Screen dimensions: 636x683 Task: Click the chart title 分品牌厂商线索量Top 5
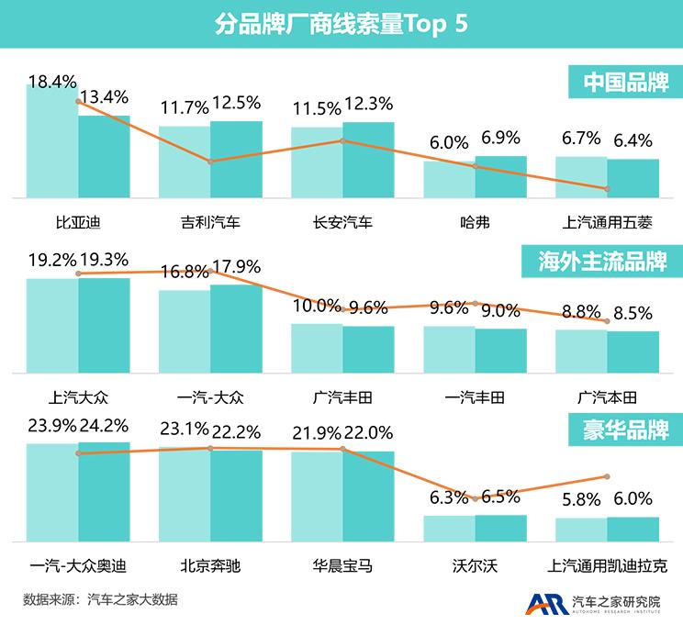[x=341, y=24]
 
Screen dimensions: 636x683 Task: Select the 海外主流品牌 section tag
[x=601, y=262]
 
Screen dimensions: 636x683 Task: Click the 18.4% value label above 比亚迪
[x=51, y=83]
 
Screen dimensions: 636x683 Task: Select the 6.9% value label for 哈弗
[x=501, y=139]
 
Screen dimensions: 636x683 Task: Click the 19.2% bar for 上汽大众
[x=52, y=325]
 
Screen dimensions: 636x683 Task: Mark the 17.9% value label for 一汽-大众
[x=236, y=267]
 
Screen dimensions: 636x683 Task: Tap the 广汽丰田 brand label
[x=342, y=397]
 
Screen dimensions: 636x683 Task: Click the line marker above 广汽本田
[x=607, y=321]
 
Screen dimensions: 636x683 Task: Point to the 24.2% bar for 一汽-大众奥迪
[x=104, y=491]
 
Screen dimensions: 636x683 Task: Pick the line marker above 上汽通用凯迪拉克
[x=607, y=476]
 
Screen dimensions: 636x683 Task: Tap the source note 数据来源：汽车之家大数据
[x=100, y=600]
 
